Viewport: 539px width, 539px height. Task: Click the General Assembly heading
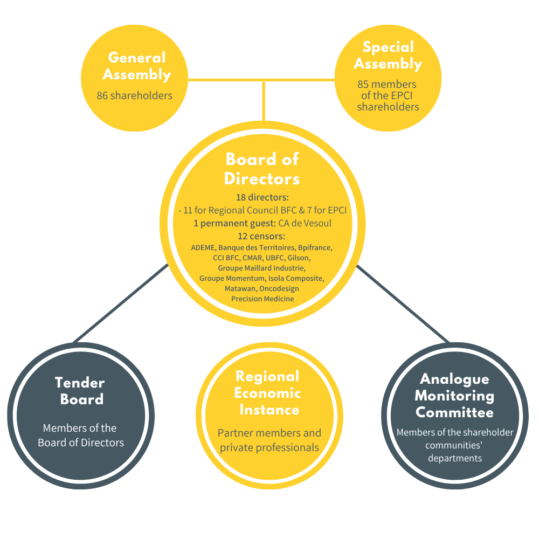click(137, 66)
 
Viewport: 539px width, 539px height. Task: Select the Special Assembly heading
click(388, 55)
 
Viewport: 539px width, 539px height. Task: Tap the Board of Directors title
click(262, 169)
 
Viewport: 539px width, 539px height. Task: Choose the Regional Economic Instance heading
click(268, 393)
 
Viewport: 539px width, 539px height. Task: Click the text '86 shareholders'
click(135, 96)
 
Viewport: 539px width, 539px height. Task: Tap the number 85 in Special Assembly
click(364, 85)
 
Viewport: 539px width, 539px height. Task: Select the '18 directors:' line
click(262, 198)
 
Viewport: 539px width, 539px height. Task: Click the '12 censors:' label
click(262, 236)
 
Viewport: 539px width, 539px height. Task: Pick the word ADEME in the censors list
click(204, 248)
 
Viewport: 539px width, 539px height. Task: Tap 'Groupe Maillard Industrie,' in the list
click(262, 268)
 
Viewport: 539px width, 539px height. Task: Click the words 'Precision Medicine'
click(262, 299)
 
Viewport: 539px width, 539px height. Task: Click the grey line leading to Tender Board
click(121, 304)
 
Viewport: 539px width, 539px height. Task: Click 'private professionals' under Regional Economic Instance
click(269, 448)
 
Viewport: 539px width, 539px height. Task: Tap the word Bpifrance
click(315, 248)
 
